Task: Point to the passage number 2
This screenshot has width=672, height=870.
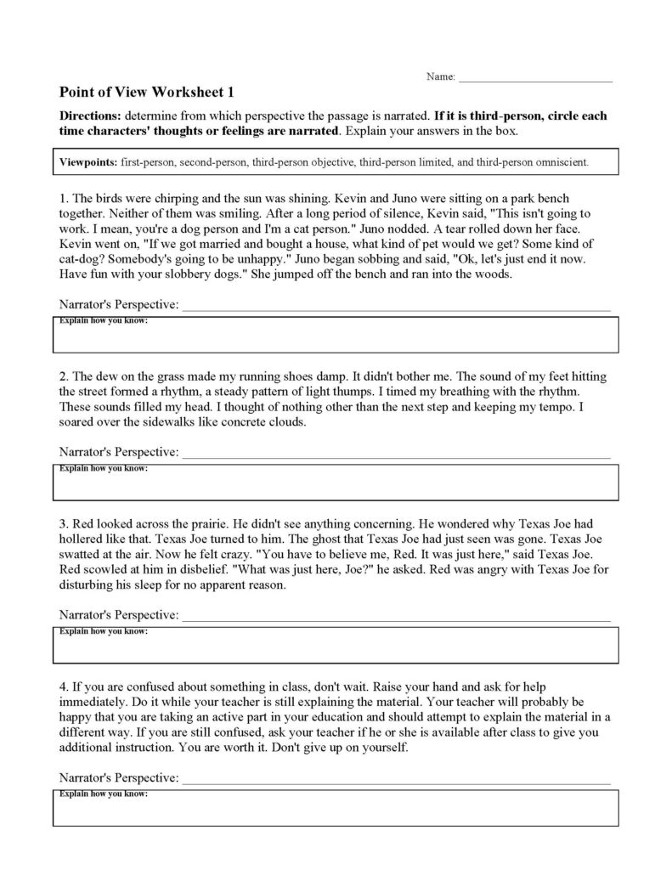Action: coord(63,376)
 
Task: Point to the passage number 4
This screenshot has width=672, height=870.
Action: coord(63,685)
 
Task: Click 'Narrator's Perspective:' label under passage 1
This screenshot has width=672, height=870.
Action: coord(119,305)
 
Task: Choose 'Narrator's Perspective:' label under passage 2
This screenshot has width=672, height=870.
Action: coord(119,451)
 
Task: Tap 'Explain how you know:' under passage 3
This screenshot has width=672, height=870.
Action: coord(102,632)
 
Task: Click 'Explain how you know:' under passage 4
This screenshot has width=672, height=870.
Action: coord(102,794)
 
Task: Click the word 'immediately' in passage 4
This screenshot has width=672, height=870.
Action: coord(93,700)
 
